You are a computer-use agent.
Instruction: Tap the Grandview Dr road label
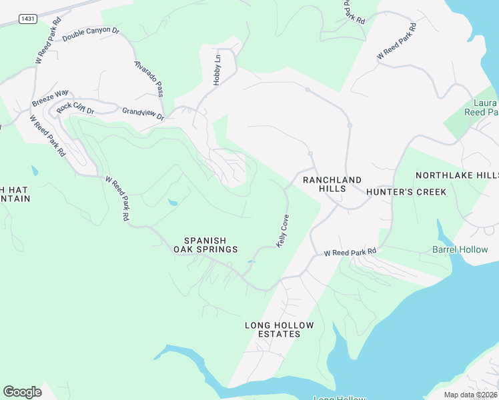coord(143,114)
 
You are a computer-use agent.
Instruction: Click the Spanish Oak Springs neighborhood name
coord(205,245)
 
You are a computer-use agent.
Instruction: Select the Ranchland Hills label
coord(332,184)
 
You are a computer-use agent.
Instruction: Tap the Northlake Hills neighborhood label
coord(457,175)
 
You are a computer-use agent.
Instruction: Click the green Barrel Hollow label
coord(460,250)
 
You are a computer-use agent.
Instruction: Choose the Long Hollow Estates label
coord(279,329)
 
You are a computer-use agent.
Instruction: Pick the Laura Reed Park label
coord(485,108)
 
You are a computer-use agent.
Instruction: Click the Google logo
coord(22,392)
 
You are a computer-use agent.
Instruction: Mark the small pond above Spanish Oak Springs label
coord(173,202)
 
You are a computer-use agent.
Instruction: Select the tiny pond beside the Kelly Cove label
coord(251,261)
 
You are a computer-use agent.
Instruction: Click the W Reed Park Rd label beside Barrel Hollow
coord(350,252)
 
